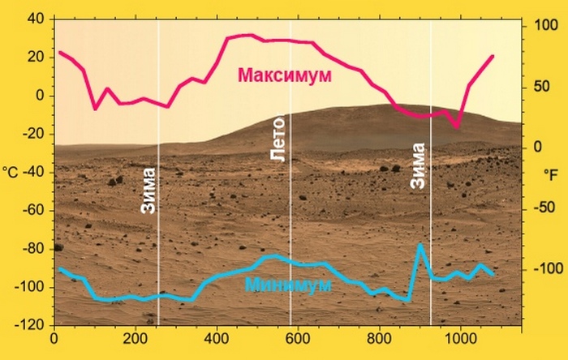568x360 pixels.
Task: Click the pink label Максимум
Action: point(285,75)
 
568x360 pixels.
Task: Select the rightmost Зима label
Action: point(418,166)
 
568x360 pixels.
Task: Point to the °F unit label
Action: point(551,174)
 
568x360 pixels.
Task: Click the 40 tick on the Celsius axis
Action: point(36,19)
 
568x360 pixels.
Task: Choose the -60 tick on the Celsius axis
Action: point(33,210)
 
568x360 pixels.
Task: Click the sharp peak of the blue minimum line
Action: point(420,244)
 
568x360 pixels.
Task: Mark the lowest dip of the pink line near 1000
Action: point(458,126)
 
